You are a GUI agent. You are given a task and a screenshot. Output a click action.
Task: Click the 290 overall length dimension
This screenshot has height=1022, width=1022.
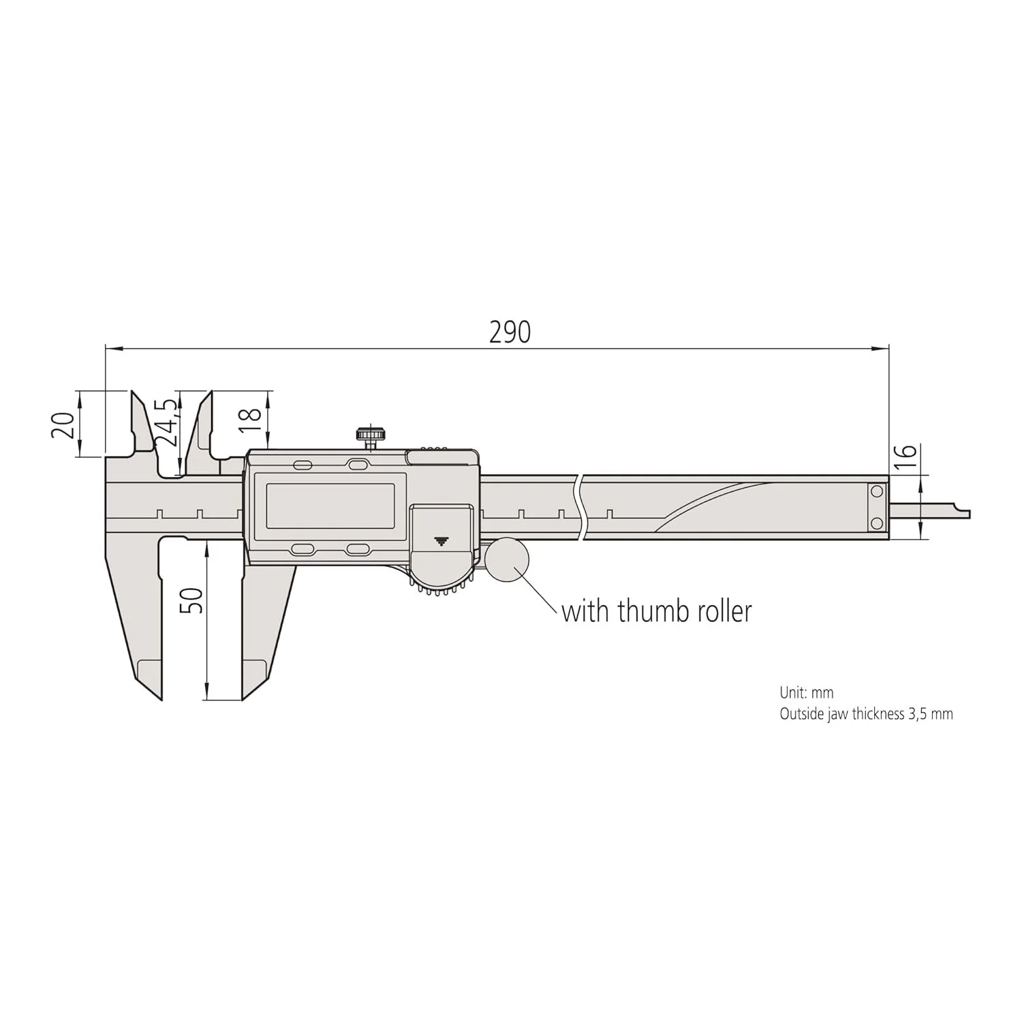click(510, 332)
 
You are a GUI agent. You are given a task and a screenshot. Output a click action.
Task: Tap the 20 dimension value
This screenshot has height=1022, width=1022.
click(63, 425)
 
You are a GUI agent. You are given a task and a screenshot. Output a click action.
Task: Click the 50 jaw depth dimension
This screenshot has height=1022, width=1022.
click(194, 600)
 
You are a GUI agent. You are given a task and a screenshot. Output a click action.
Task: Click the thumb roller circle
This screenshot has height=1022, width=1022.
click(507, 559)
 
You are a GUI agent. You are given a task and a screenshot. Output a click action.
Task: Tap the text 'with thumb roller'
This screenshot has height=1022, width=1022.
click(656, 611)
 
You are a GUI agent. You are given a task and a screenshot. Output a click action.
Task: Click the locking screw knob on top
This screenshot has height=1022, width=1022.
click(371, 434)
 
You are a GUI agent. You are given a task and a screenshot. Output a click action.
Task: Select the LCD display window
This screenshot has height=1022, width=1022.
click(330, 506)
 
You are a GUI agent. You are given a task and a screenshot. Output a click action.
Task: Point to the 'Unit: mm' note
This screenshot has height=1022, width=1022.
click(806, 692)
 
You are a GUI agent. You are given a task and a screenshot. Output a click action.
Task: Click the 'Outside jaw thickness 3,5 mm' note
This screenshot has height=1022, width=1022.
click(866, 714)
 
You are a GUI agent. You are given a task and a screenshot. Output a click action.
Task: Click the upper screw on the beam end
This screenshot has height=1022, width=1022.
click(877, 491)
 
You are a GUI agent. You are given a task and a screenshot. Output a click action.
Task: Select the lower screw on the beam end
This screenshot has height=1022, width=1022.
click(877, 523)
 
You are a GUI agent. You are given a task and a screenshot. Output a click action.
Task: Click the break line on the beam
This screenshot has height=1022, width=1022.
click(579, 508)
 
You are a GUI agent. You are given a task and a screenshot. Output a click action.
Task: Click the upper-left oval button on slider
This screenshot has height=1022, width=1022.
click(302, 465)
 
